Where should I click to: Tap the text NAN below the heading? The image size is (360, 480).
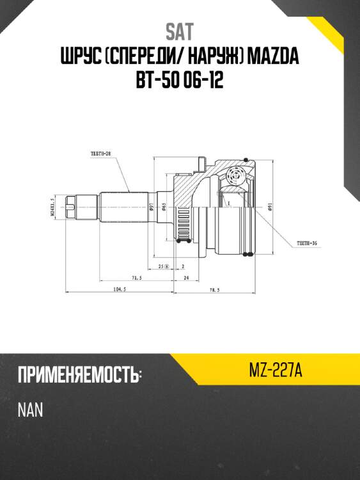(x=30, y=410)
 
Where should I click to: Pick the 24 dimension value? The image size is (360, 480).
(x=185, y=278)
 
